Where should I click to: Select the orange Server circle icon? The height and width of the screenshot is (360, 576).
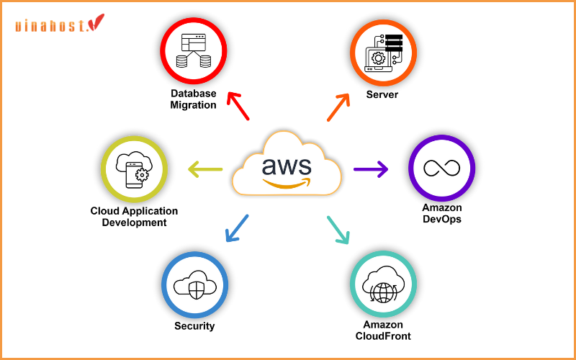(382, 53)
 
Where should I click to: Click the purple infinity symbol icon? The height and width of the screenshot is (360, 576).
(441, 168)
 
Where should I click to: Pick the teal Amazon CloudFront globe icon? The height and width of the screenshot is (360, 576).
(382, 284)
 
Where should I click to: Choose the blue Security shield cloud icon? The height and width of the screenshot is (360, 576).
(194, 284)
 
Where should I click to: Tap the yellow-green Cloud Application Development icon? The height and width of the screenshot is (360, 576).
(134, 168)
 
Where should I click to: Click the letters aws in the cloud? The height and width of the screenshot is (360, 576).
(287, 165)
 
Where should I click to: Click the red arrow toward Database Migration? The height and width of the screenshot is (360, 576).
(238, 106)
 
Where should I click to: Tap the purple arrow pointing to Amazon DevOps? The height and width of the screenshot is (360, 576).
(371, 169)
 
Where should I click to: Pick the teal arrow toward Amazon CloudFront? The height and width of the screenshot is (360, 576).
(338, 229)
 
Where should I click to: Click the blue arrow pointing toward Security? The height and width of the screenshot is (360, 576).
(237, 228)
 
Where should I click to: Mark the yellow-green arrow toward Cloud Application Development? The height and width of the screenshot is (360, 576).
(205, 170)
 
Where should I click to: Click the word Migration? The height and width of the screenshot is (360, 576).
(193, 105)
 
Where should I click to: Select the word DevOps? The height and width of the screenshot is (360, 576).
(441, 219)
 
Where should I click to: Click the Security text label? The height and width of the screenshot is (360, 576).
(194, 326)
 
